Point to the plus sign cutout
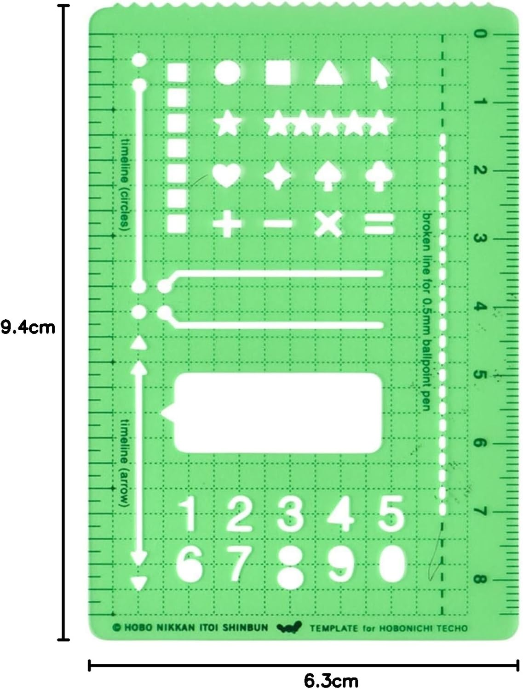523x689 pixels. (227, 225)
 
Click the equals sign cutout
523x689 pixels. (379, 225)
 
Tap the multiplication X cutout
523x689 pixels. (328, 225)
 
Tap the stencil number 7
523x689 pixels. (238, 561)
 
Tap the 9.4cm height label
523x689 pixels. (28, 328)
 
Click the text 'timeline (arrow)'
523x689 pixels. (124, 462)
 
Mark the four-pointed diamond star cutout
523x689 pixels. (278, 176)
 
